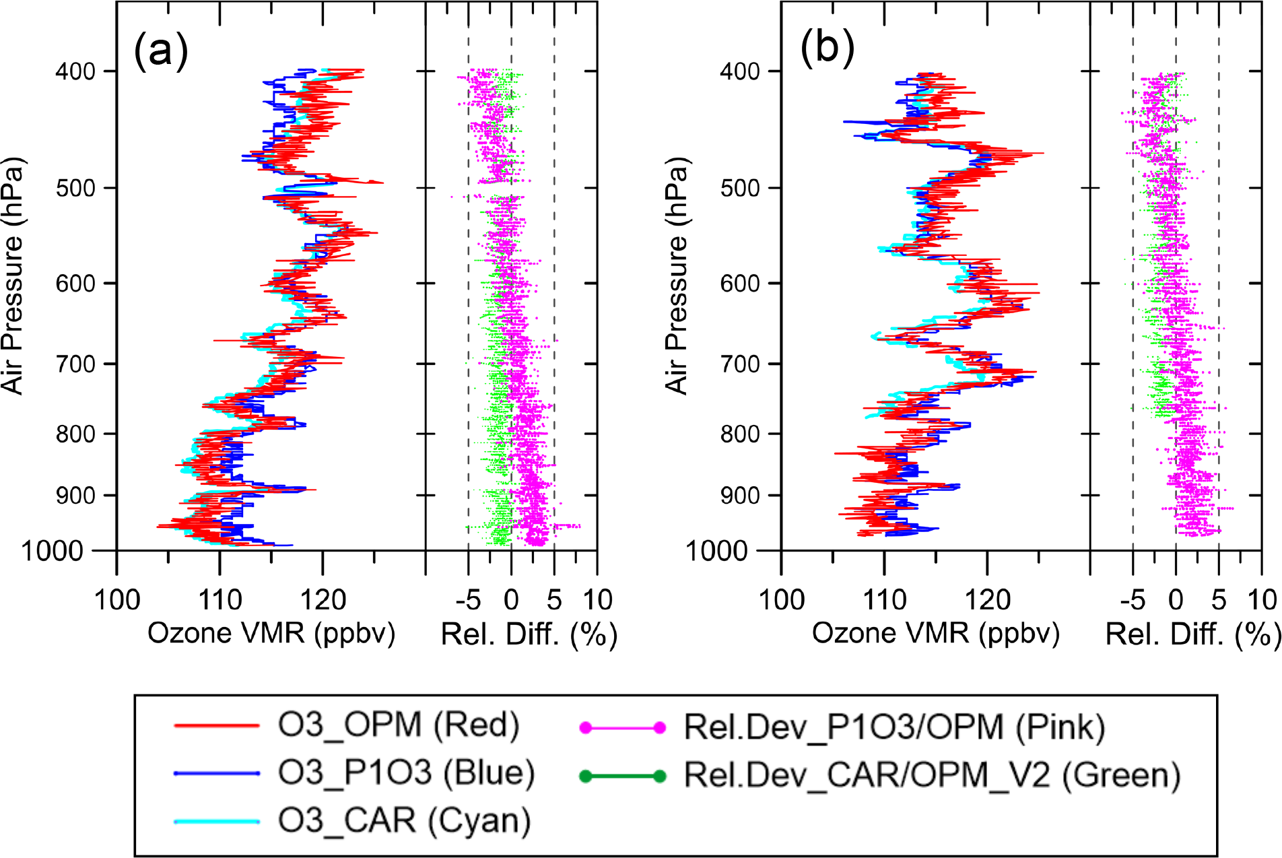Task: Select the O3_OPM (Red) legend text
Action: click(399, 725)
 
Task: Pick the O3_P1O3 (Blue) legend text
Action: click(406, 773)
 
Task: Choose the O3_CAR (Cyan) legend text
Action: click(404, 821)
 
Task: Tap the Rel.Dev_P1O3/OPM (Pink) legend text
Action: click(894, 727)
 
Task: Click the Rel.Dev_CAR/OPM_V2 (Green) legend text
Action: click(933, 775)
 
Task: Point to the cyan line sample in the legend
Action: click(217, 822)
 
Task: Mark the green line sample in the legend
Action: click(623, 777)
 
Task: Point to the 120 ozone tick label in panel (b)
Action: click(988, 599)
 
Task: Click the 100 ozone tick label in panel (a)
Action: click(117, 599)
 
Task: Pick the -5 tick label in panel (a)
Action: click(468, 599)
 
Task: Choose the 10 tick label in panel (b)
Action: click(1262, 599)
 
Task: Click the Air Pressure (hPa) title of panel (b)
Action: click(677, 276)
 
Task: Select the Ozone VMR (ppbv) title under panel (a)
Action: click(271, 634)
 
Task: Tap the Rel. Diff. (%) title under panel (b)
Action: click(1192, 635)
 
